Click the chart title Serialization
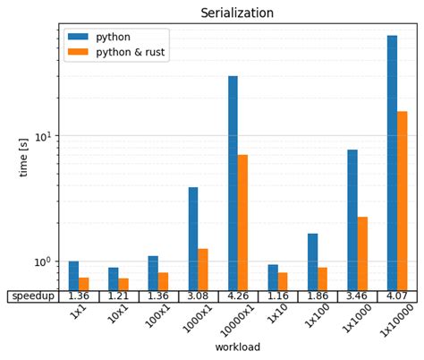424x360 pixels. [x=237, y=13]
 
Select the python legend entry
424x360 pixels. [x=113, y=37]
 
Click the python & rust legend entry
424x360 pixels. [x=130, y=53]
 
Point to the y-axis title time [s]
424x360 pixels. [x=23, y=157]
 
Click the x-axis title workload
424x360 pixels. [x=237, y=347]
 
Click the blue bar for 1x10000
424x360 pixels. [x=392, y=161]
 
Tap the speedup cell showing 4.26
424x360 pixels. [x=238, y=296]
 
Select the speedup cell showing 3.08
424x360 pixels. [x=198, y=296]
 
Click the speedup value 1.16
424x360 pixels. [x=277, y=296]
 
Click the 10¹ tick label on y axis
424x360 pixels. [x=44, y=136]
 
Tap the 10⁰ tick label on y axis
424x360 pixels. [x=44, y=262]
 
